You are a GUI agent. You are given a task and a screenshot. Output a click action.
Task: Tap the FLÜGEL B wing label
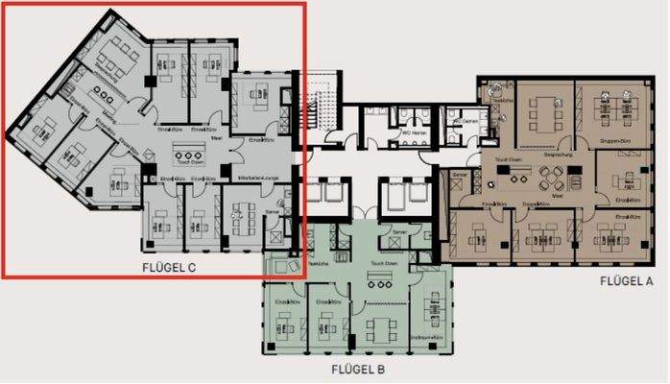click(x=358, y=369)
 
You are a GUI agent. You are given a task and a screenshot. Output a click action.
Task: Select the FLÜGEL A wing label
click(x=626, y=280)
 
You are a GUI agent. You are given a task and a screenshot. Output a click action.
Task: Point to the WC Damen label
click(x=464, y=120)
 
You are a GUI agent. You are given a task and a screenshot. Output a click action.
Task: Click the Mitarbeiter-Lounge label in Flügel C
click(x=260, y=179)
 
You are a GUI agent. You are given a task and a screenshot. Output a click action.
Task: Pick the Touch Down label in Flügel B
click(x=384, y=261)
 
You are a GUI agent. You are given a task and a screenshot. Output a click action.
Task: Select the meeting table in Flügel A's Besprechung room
click(x=543, y=113)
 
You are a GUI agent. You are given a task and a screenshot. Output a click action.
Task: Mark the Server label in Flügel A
click(x=460, y=174)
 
